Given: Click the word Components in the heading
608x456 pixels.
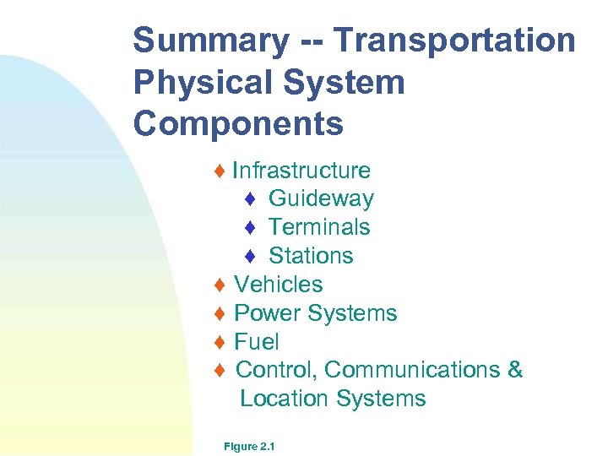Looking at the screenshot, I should click(x=238, y=123).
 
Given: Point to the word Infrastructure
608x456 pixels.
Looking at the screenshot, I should click(x=301, y=171).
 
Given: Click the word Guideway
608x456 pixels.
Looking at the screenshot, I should click(x=321, y=199).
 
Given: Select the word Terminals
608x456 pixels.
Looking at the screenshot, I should click(x=319, y=227).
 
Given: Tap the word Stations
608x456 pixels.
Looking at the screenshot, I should click(x=311, y=256).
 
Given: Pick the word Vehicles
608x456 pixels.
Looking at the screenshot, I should click(x=279, y=285).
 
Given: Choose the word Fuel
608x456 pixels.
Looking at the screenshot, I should click(x=257, y=342).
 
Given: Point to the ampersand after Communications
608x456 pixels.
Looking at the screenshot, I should click(x=515, y=370).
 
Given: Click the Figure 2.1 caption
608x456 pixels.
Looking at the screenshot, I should click(x=245, y=444).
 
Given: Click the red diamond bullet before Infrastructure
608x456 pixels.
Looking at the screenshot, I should click(x=220, y=171).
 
